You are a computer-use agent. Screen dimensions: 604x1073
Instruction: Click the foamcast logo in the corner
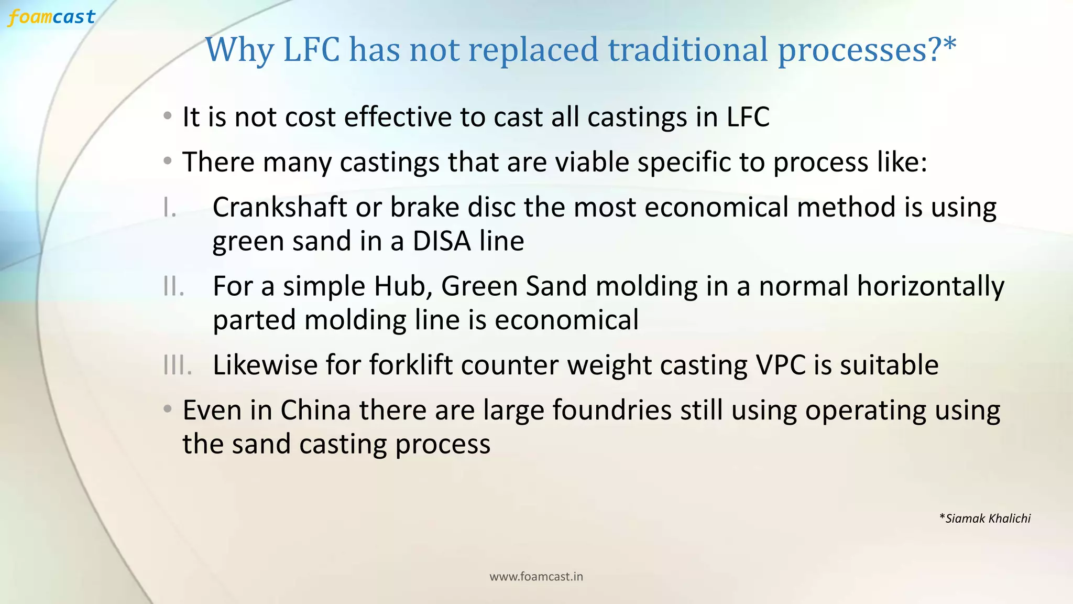(x=51, y=17)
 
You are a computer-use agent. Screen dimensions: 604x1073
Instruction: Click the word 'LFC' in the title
(x=311, y=50)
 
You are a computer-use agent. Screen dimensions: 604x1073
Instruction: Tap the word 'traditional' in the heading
(x=688, y=50)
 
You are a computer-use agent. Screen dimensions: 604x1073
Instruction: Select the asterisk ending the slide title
(x=949, y=45)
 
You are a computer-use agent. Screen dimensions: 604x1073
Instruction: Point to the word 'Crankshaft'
(x=279, y=207)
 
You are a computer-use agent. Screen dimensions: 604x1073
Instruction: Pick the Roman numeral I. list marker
(x=169, y=208)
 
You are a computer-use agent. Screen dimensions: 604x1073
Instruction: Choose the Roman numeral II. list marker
(x=173, y=286)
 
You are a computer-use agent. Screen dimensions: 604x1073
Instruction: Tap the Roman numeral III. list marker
(x=177, y=365)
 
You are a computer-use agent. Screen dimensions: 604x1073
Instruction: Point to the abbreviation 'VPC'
(x=780, y=365)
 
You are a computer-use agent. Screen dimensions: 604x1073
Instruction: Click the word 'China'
(x=315, y=410)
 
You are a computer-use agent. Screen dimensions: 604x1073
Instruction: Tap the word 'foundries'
(x=611, y=410)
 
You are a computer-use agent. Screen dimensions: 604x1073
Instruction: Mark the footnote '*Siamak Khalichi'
(x=985, y=519)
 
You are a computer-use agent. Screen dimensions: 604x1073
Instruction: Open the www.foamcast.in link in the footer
(x=536, y=577)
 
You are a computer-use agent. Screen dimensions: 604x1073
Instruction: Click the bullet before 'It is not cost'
(x=167, y=115)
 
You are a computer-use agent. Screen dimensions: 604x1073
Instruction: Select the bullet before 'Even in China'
(x=167, y=408)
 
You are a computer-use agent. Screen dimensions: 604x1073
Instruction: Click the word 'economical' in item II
(x=566, y=320)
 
